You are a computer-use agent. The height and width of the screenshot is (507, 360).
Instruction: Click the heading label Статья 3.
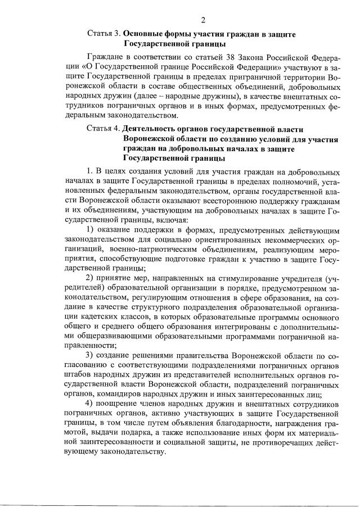[104, 34]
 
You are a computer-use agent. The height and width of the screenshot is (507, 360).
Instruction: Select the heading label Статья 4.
[104, 128]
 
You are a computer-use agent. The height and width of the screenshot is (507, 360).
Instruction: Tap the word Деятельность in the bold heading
[151, 128]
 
